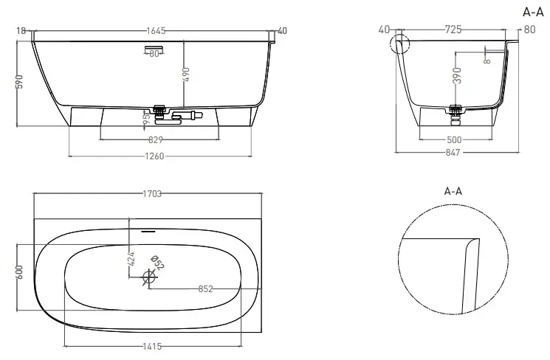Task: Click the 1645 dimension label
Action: [x=156, y=31]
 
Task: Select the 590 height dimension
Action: [x=20, y=81]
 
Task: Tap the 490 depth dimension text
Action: [x=186, y=75]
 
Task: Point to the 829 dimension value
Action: [x=156, y=140]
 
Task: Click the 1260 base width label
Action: [x=155, y=156]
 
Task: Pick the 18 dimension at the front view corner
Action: [x=21, y=31]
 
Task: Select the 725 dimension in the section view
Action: [x=453, y=30]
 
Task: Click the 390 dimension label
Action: [x=457, y=75]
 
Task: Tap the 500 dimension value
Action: [x=454, y=140]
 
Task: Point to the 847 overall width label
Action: [x=453, y=153]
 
